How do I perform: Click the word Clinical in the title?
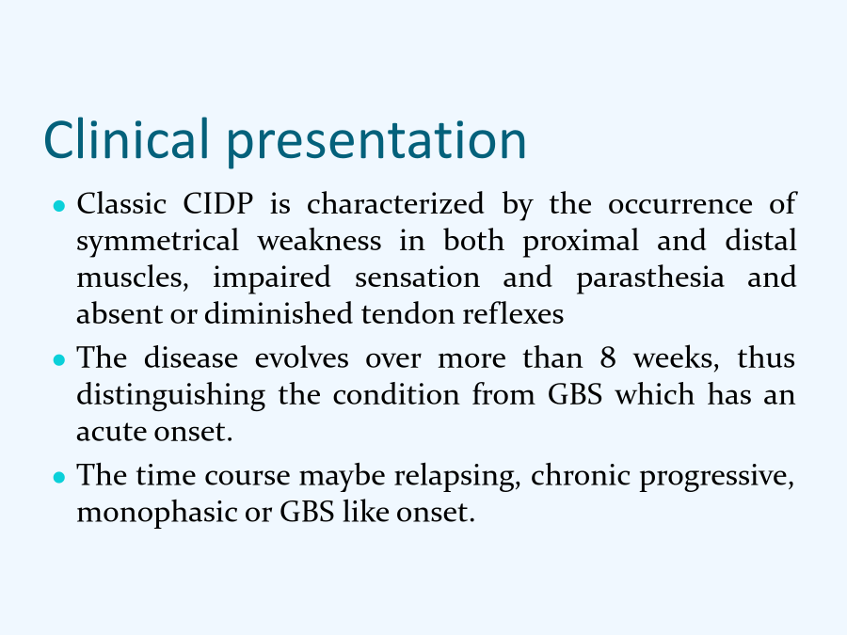click(126, 139)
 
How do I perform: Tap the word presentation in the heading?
click(376, 143)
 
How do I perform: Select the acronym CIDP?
click(217, 203)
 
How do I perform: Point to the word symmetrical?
click(157, 242)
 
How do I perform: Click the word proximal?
click(581, 242)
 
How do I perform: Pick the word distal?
click(760, 240)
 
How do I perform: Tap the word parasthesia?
click(649, 278)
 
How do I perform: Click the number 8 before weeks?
click(608, 358)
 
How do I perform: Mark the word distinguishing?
click(170, 396)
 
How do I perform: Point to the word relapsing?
click(457, 477)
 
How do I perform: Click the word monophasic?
click(156, 513)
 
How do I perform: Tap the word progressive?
click(717, 477)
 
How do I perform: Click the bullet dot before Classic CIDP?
click(59, 206)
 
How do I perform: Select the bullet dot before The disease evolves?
click(59, 359)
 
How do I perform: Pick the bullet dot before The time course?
click(59, 477)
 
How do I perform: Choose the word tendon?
click(408, 313)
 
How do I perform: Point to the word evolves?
click(301, 358)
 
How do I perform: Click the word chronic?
click(580, 476)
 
